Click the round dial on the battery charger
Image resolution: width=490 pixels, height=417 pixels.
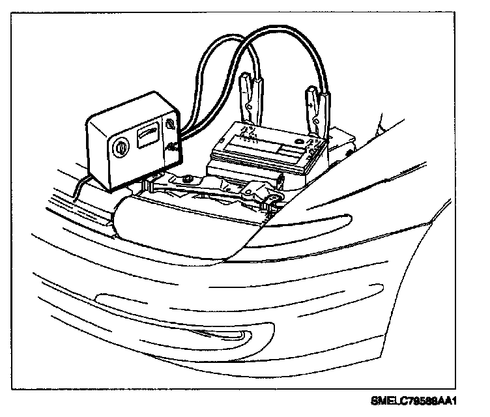(121, 148)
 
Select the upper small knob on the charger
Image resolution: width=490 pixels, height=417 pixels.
(171, 123)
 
